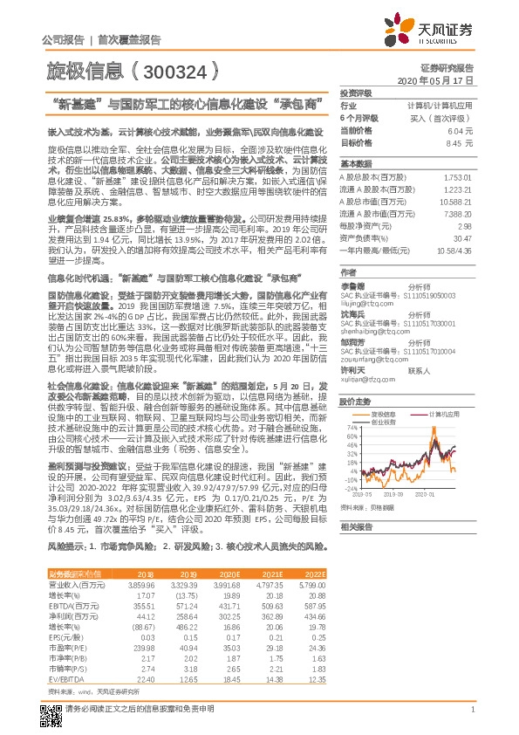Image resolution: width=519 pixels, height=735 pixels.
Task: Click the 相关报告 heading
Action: [356, 527]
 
